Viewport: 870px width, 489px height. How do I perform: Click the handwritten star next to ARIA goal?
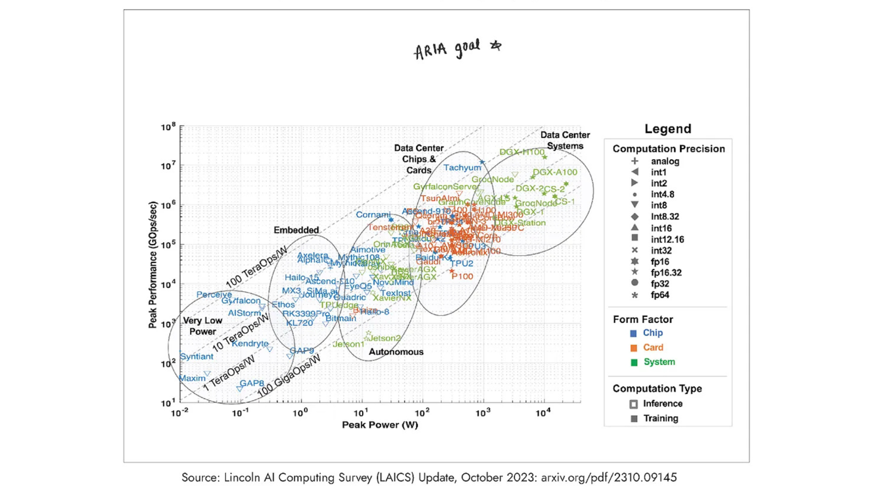pos(496,45)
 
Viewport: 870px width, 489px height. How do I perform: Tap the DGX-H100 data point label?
pos(521,152)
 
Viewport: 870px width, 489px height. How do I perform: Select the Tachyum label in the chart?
pos(462,168)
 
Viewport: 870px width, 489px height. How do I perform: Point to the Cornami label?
pos(373,215)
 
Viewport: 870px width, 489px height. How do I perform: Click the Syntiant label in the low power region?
pos(197,356)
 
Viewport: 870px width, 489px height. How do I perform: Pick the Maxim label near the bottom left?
pos(192,378)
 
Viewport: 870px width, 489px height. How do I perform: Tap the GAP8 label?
pos(252,383)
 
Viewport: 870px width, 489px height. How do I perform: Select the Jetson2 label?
pos(385,338)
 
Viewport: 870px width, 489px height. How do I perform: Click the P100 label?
pos(462,276)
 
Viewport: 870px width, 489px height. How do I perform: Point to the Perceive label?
pos(214,294)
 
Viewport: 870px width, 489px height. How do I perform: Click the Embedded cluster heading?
pos(296,230)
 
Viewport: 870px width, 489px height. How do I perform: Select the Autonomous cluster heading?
pos(395,352)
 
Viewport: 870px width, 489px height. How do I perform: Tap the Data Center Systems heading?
pos(565,140)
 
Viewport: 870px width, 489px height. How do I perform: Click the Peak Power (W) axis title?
pos(380,425)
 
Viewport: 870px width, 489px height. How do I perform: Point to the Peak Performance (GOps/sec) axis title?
pos(153,265)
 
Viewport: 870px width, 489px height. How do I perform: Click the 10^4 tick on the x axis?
pos(543,413)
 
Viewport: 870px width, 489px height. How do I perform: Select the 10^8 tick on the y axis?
pos(168,126)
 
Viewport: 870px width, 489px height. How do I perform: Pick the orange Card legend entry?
pos(652,347)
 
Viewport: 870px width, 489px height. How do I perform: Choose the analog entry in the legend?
pos(664,161)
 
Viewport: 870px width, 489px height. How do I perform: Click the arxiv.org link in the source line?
pos(608,478)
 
